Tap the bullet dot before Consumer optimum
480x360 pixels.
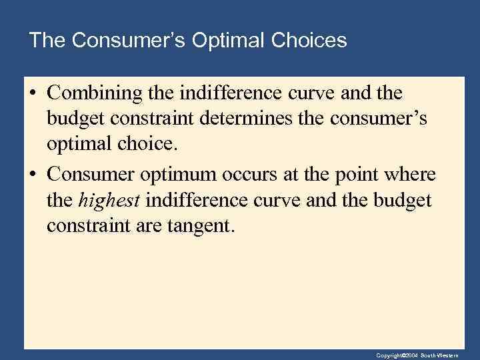[32, 175]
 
